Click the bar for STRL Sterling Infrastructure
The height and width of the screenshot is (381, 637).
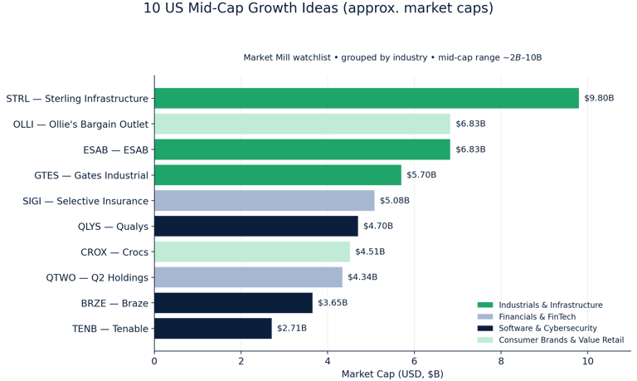coord(367,98)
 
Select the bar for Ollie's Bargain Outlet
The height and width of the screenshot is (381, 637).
coord(302,124)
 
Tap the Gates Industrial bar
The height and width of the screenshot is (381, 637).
coord(278,175)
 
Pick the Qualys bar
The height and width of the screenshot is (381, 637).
coord(256,226)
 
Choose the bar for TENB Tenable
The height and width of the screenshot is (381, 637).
coord(213,329)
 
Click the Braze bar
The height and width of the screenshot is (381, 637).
coord(233,303)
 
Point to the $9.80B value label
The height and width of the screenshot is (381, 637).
coord(599,98)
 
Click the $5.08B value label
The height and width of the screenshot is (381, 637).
coord(395,201)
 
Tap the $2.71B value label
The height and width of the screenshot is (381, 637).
coord(292,329)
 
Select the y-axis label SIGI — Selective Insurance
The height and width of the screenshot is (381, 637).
coord(85,201)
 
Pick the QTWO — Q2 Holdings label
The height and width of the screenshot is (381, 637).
coord(98,277)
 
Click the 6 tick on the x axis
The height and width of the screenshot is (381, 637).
coord(414,361)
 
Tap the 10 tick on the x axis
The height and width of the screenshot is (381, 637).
coord(587,361)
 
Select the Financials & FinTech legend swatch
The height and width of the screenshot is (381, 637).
coord(484,317)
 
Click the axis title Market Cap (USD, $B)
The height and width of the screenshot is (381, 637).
coord(391,374)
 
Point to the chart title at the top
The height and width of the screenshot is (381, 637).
coord(318,9)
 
